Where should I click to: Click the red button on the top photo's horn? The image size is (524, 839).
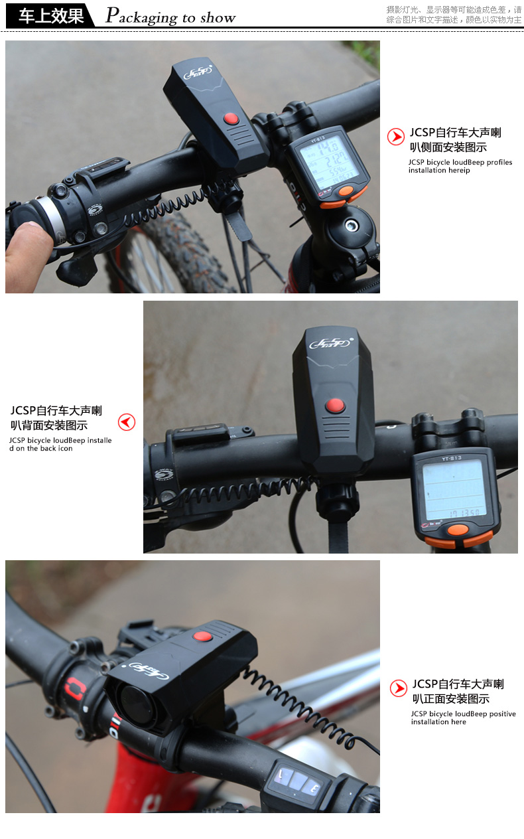point(231,119)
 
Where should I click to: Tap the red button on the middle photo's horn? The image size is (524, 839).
point(335,404)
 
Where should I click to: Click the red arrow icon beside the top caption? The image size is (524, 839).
point(396,137)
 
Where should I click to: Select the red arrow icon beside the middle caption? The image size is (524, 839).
point(127,422)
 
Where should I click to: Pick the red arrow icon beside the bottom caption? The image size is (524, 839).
point(398,688)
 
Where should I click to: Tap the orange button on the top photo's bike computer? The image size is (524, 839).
point(346,192)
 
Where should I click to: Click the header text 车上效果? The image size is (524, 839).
point(51,16)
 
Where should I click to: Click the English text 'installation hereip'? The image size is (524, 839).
point(439,171)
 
